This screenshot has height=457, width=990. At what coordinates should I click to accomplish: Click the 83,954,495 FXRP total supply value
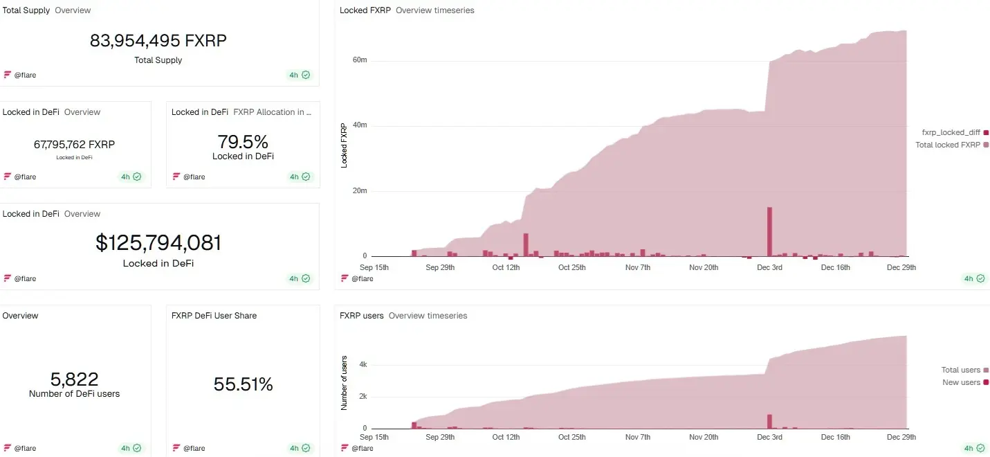click(x=158, y=41)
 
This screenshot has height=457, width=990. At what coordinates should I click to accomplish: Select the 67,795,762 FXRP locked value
click(x=74, y=145)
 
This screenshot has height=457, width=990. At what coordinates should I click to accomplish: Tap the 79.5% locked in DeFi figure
click(x=243, y=142)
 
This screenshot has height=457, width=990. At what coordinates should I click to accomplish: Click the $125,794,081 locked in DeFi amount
click(x=158, y=243)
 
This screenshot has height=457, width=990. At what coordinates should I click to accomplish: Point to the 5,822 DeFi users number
click(x=74, y=379)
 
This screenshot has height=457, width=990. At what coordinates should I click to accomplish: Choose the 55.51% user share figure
click(x=243, y=384)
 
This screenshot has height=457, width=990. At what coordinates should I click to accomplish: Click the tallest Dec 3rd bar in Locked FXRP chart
click(x=769, y=231)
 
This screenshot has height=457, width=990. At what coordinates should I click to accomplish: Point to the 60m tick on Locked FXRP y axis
click(x=359, y=60)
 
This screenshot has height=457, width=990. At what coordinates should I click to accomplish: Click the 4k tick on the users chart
click(x=363, y=364)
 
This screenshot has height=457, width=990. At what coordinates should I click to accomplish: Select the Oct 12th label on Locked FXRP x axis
click(x=506, y=267)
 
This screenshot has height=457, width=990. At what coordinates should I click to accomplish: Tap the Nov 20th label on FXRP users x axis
click(x=704, y=437)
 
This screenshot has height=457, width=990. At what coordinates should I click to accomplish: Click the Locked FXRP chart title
click(x=365, y=10)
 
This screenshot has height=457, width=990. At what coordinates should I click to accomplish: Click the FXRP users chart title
click(x=361, y=316)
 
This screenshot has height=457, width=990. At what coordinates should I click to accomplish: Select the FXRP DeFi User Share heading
click(x=214, y=316)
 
